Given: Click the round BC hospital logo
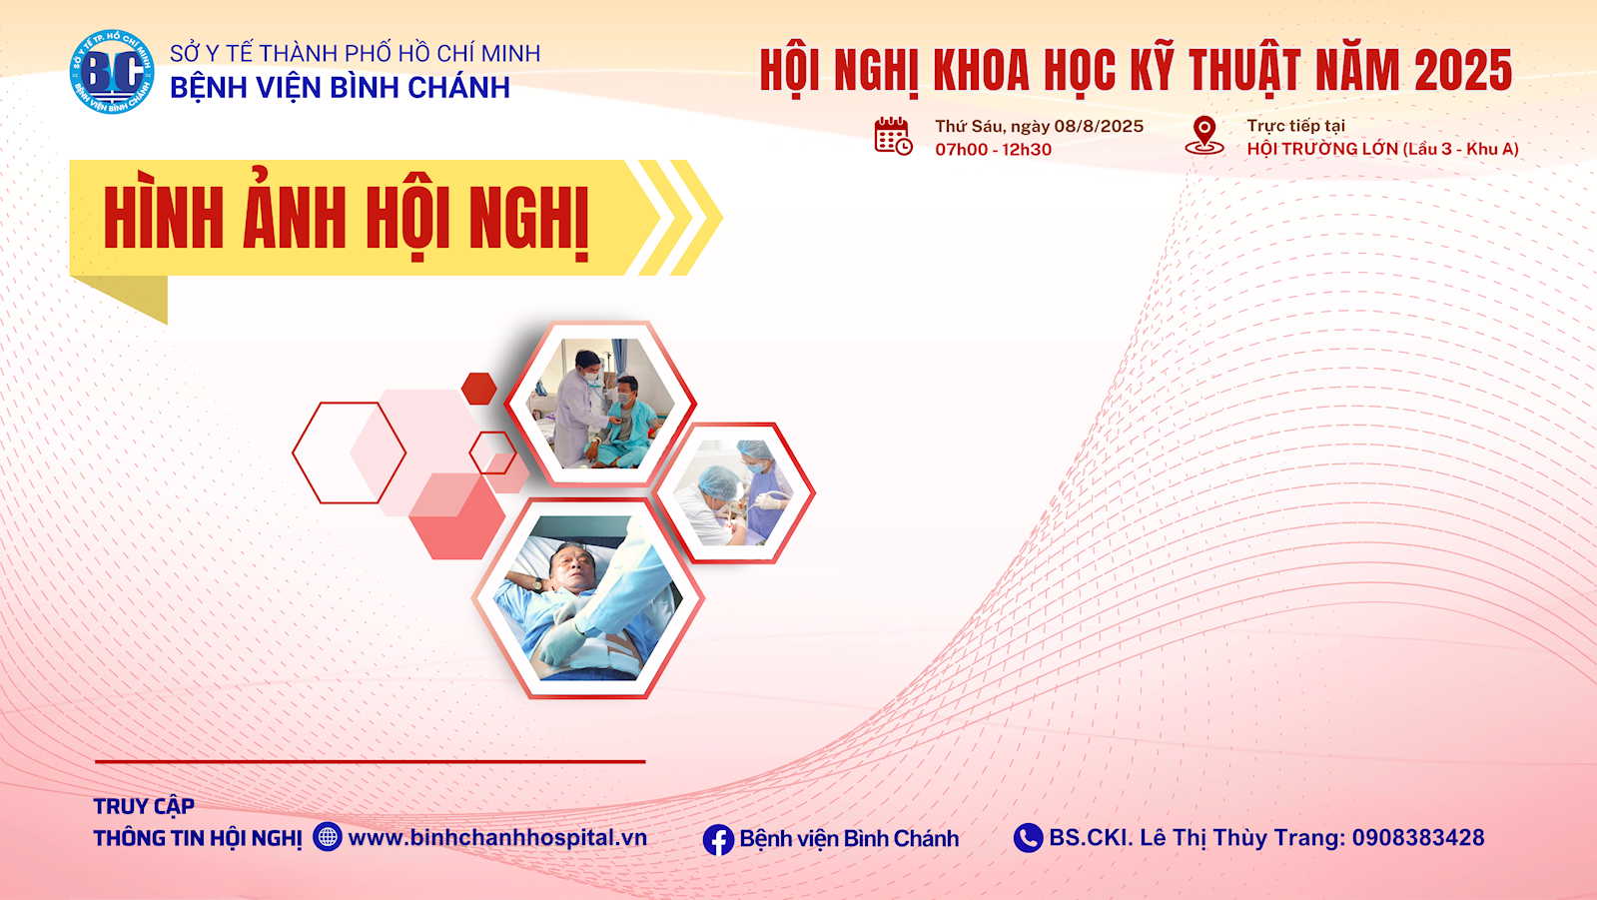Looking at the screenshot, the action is click(x=112, y=72).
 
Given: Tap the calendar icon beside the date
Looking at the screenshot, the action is click(x=893, y=136).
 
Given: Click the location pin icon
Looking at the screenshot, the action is click(x=1204, y=136).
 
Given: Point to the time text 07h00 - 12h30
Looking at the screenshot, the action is click(x=993, y=150).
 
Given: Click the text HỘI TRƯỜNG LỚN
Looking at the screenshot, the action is click(x=1321, y=149).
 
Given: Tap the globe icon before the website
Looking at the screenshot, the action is click(x=328, y=836).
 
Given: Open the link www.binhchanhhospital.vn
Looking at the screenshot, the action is click(x=497, y=837).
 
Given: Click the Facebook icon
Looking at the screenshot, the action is click(x=718, y=839).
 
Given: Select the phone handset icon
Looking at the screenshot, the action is click(x=1028, y=838).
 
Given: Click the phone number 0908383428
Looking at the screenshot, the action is click(x=1418, y=837).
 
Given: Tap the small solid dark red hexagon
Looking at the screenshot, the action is click(x=479, y=389).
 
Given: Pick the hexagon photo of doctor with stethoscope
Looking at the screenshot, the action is click(x=600, y=404).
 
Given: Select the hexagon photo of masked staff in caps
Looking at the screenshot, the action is click(x=734, y=492).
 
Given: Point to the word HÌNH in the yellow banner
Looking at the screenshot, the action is click(x=163, y=218).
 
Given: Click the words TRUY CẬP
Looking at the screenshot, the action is click(x=144, y=806).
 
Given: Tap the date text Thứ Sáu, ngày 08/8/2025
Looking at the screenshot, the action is click(x=1040, y=126).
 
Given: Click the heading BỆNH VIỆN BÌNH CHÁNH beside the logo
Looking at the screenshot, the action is click(x=341, y=88).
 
